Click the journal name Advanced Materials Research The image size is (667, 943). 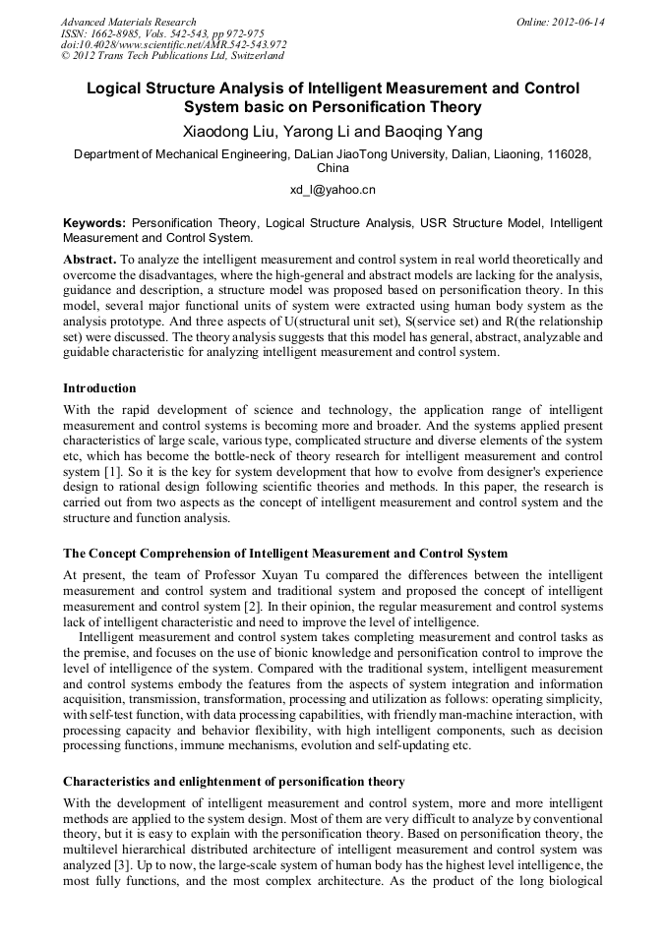tap(128, 22)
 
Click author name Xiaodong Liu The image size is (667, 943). tap(224, 131)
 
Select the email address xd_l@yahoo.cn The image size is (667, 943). tap(333, 190)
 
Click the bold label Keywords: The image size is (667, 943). tap(94, 223)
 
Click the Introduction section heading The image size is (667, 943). tap(99, 388)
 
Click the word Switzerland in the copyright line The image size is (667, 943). tap(252, 57)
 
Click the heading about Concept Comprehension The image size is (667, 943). tap(284, 552)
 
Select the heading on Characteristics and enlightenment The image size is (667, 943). tap(233, 782)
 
